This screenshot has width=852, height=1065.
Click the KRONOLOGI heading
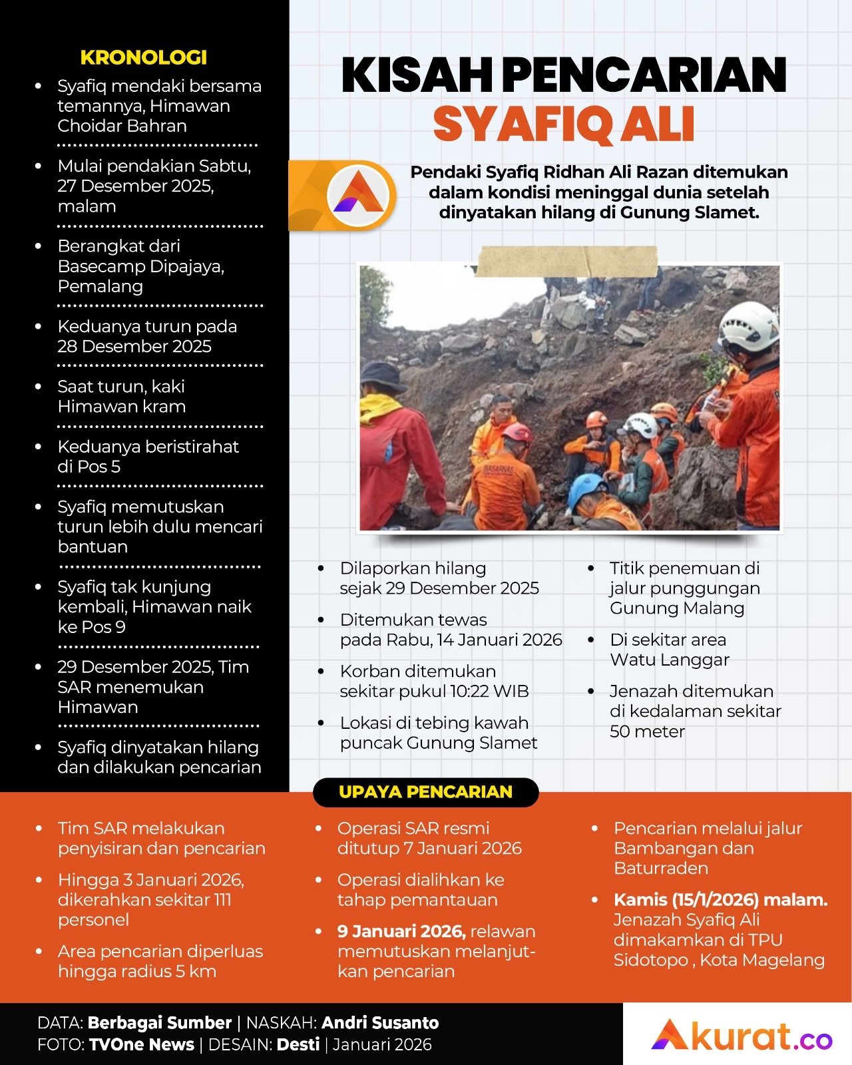(x=143, y=57)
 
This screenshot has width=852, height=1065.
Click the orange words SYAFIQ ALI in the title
(x=564, y=124)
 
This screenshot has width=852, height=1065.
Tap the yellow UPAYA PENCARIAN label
(x=425, y=792)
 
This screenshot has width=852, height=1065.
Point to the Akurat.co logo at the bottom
(x=741, y=1036)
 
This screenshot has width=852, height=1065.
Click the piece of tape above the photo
(x=567, y=261)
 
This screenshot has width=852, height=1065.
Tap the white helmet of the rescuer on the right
(x=748, y=325)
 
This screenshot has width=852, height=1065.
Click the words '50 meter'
(x=647, y=732)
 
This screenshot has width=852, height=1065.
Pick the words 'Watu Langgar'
(x=670, y=660)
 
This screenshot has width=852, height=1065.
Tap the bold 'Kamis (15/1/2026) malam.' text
(x=720, y=900)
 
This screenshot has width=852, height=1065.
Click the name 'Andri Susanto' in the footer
(x=380, y=1023)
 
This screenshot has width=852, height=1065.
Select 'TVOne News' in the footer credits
(x=141, y=1044)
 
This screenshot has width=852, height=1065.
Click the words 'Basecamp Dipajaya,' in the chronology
(x=140, y=266)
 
